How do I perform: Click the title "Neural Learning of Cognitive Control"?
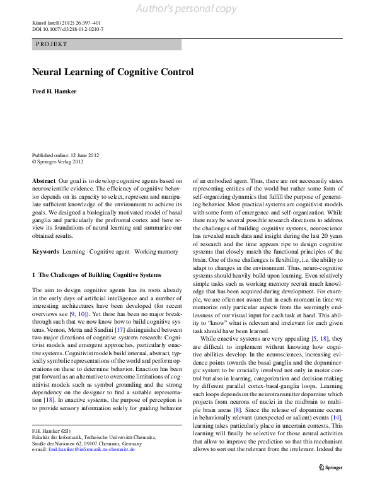[112, 72]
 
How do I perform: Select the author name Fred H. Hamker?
[54, 91]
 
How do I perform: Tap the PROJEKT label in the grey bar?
[52, 45]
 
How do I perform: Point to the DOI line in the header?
[67, 29]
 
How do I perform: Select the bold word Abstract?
[43, 180]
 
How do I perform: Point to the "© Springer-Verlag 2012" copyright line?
[59, 161]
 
